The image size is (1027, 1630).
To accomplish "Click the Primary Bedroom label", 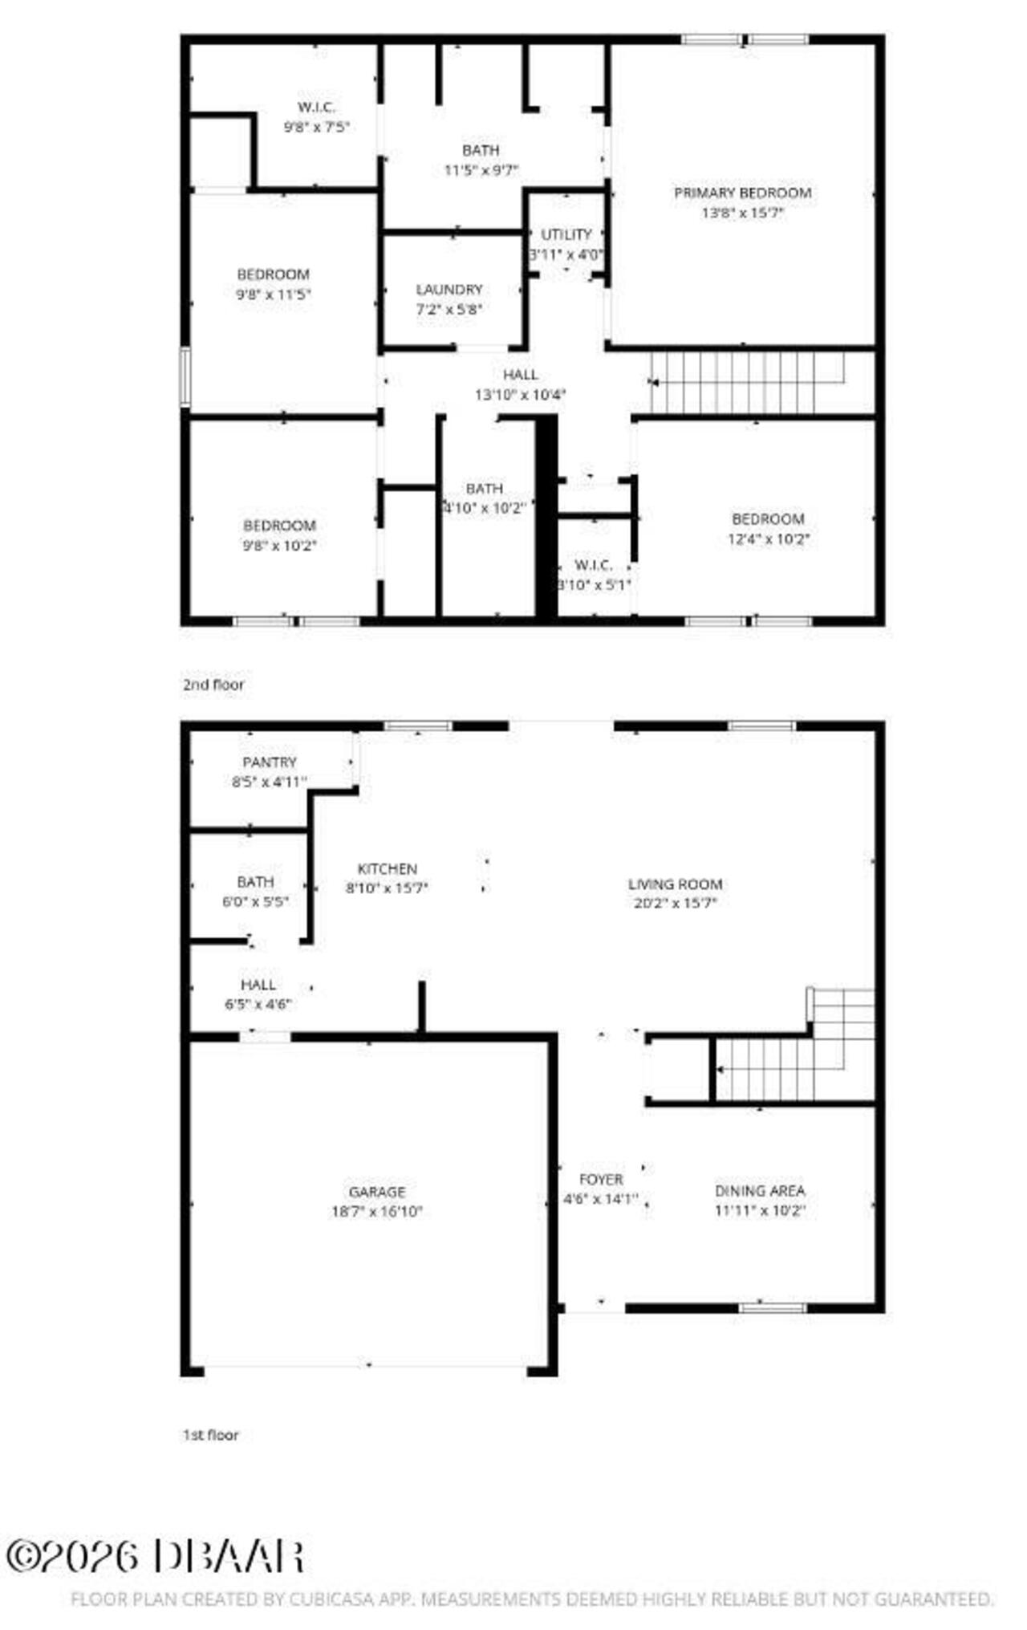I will (742, 193).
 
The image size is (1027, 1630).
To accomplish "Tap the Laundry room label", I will (449, 290).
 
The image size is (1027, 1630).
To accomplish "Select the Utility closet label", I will (566, 234).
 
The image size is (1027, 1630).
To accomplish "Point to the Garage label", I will (377, 1192).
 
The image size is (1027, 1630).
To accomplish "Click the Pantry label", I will (270, 762).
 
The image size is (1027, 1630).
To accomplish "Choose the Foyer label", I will (601, 1179).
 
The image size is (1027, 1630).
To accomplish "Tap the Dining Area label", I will (760, 1190).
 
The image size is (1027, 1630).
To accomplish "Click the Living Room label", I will (675, 884).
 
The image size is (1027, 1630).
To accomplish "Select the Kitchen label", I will (387, 868).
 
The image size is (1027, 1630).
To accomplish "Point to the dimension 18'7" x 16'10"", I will (377, 1212).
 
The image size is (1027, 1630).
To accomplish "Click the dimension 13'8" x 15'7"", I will (742, 213).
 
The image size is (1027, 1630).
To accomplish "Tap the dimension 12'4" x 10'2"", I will (768, 539).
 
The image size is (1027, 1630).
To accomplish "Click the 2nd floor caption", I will (213, 685).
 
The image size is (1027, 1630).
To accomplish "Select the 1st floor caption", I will (210, 1435).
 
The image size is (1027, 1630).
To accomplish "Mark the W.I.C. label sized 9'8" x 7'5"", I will (316, 108).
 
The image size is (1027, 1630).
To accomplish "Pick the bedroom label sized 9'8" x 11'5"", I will (273, 274).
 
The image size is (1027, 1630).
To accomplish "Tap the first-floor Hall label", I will (258, 985).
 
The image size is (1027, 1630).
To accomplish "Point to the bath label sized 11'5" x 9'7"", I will (481, 150).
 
